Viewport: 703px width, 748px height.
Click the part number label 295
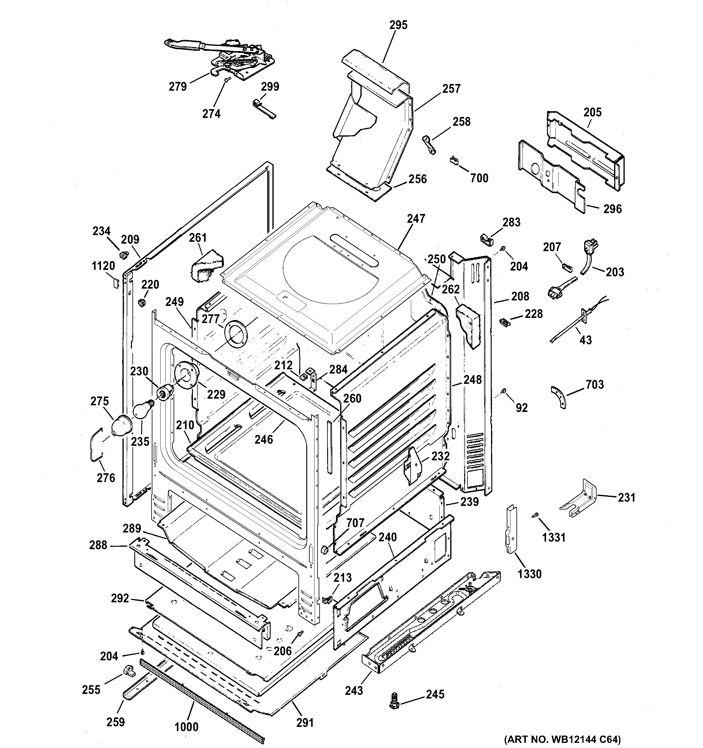pyautogui.click(x=398, y=25)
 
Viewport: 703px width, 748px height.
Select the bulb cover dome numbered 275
pyautogui.click(x=121, y=427)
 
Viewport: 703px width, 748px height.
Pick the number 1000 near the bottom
pyautogui.click(x=186, y=727)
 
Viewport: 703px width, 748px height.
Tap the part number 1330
pyautogui.click(x=529, y=574)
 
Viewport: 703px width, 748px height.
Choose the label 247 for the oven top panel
pyautogui.click(x=415, y=219)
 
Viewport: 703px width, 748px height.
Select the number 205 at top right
pyautogui.click(x=592, y=112)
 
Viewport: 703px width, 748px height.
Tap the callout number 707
pyautogui.click(x=355, y=523)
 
